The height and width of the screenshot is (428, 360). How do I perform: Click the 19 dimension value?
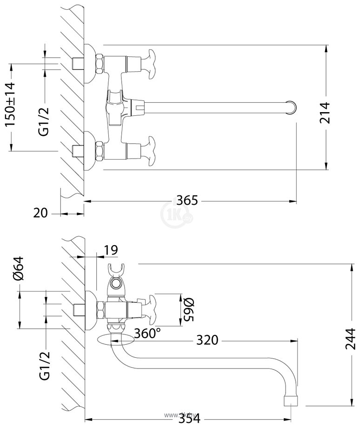(x=111, y=250)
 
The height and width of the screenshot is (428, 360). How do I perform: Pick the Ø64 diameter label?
(x=19, y=269)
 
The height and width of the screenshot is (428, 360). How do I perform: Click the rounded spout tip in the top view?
(x=292, y=107)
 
